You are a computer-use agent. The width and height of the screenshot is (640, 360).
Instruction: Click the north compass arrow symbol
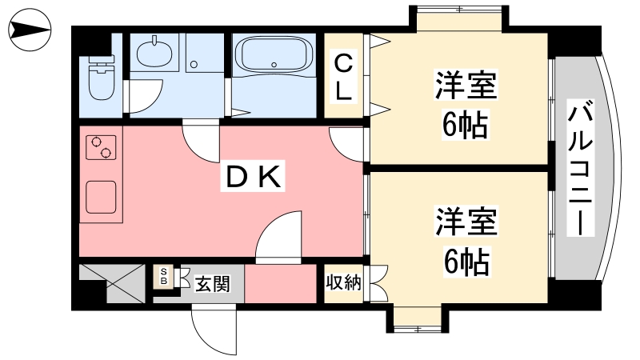point(30,30)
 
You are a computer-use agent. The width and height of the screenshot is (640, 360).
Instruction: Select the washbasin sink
point(154,53)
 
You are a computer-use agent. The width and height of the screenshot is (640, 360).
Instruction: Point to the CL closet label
point(343,78)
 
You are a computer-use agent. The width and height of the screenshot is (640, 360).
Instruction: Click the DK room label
point(253,177)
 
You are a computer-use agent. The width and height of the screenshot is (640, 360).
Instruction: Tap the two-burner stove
point(101,147)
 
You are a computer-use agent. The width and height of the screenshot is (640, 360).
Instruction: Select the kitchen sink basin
point(101,197)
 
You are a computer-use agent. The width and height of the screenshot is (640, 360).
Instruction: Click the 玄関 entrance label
point(212,284)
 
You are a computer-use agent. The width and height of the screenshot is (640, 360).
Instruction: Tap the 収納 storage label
point(343,282)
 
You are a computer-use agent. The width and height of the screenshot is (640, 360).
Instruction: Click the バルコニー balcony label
point(580,168)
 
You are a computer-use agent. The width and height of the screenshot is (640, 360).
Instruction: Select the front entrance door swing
point(214,329)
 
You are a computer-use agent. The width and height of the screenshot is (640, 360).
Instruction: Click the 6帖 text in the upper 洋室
point(466,125)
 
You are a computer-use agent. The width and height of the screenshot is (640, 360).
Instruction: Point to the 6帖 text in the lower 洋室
point(466,262)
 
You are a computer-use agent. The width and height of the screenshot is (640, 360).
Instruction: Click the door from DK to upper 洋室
point(346,144)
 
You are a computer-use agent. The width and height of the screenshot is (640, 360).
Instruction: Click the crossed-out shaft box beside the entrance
point(112,284)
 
